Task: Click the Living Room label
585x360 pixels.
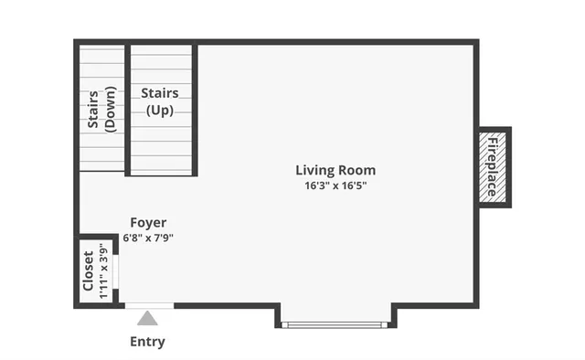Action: tap(335, 170)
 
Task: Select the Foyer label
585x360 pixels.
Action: tap(148, 222)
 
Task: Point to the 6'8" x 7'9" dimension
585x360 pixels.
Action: tap(148, 238)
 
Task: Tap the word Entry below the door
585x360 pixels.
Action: tap(147, 343)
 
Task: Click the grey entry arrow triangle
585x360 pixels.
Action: tap(147, 319)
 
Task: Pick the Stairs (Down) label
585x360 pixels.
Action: tap(101, 110)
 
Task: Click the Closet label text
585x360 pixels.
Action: tap(89, 271)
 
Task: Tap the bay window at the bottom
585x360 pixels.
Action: tap(335, 323)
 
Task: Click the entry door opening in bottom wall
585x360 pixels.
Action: tap(148, 305)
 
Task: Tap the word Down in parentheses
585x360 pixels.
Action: tap(109, 110)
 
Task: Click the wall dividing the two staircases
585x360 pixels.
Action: tap(127, 110)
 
